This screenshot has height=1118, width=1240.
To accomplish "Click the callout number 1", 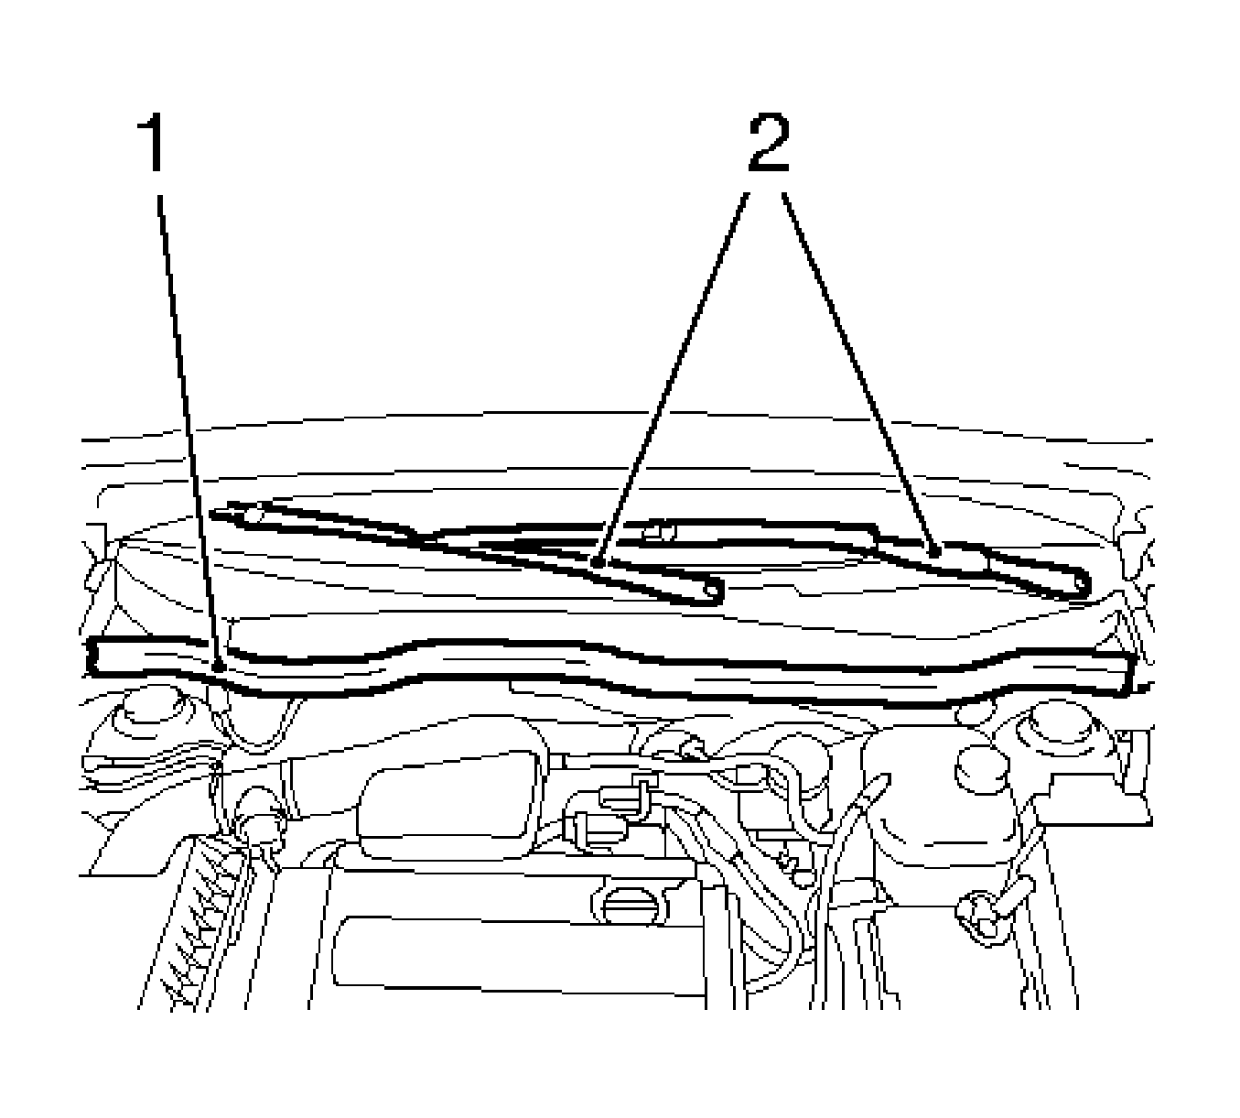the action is pyautogui.click(x=150, y=142).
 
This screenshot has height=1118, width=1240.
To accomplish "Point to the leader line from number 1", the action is pyautogui.click(x=188, y=430).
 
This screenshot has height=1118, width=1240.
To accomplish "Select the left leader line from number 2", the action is pyautogui.click(x=674, y=377).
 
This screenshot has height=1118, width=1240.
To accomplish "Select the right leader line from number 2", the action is pyautogui.click(x=859, y=371).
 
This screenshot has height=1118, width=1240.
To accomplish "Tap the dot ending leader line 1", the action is pyautogui.click(x=218, y=666).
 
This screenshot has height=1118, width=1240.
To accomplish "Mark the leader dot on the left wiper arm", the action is pyautogui.click(x=598, y=562).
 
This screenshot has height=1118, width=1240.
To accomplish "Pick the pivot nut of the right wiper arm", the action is pyautogui.click(x=659, y=531).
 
